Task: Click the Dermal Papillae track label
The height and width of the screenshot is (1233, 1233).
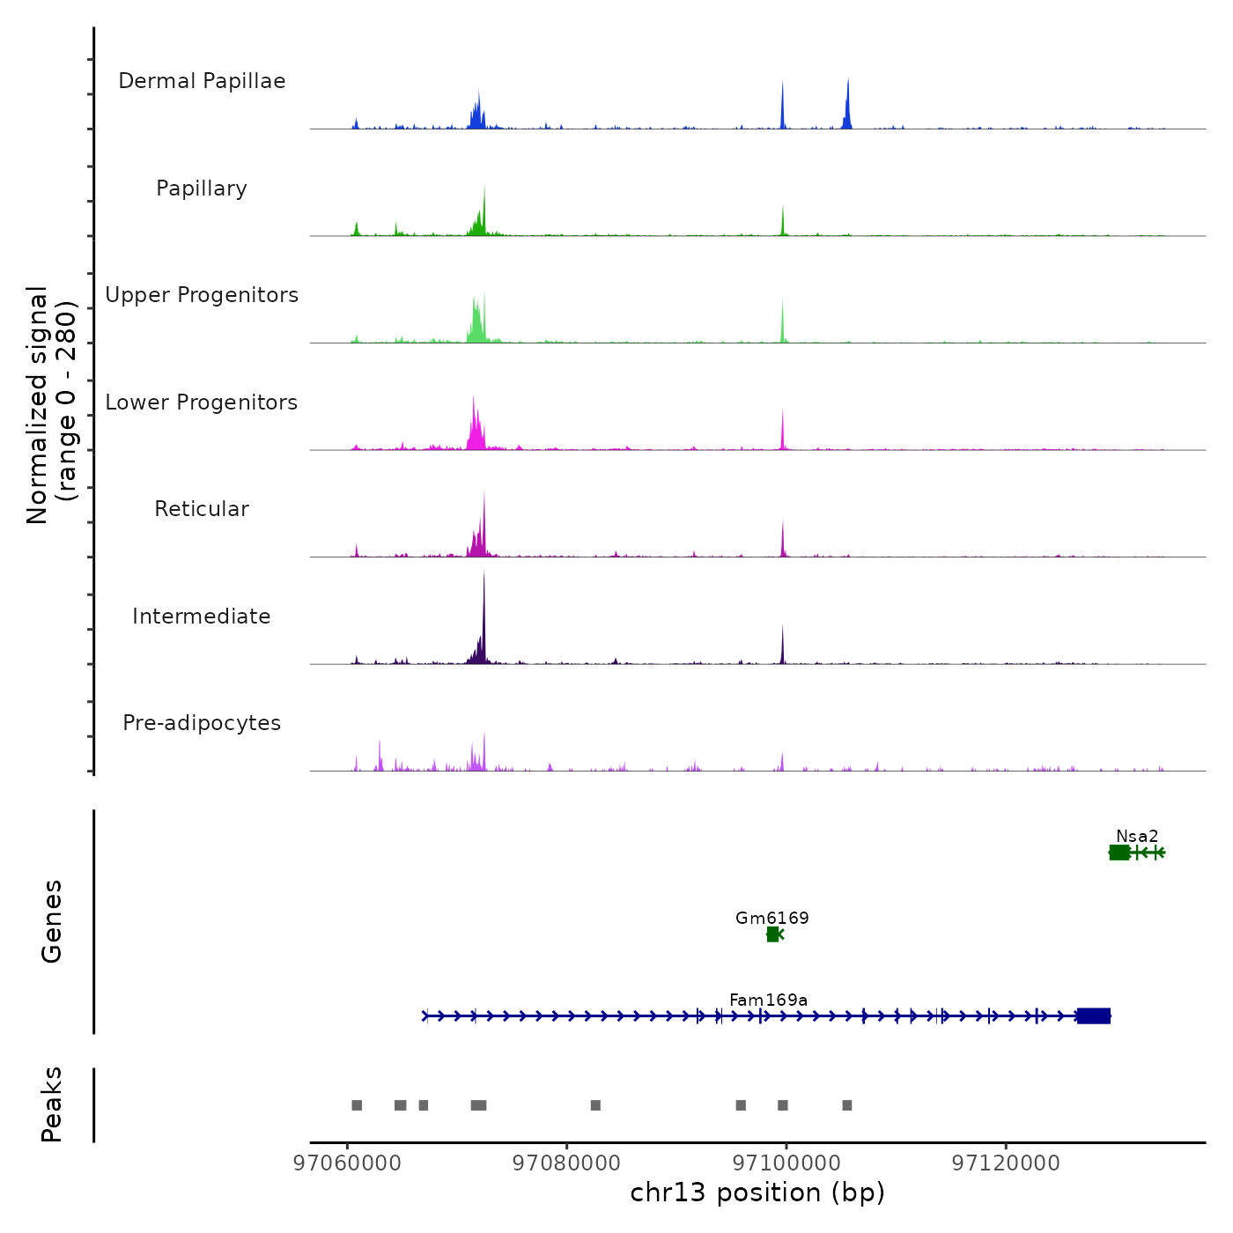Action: (x=202, y=81)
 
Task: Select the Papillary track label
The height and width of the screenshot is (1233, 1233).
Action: (x=202, y=188)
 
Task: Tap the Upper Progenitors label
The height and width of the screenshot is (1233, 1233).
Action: (x=202, y=295)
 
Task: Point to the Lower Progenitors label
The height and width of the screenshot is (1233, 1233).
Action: (x=202, y=402)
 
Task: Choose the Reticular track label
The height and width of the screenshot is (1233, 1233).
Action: (x=202, y=509)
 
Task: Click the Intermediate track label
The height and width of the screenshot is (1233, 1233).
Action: (x=202, y=616)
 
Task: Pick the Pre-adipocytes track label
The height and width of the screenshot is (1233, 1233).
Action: (x=202, y=723)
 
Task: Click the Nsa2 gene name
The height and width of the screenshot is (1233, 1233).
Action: (x=1137, y=836)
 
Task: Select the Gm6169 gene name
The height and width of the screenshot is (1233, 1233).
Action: (x=772, y=918)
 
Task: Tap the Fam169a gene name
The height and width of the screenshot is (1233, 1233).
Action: (x=768, y=1000)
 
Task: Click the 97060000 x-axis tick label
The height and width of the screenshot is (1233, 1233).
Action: (x=347, y=1163)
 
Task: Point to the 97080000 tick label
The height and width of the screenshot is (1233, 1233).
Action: (x=566, y=1163)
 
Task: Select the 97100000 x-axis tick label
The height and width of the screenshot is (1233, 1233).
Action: (x=786, y=1163)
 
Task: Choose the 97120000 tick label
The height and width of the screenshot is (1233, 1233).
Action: (x=1006, y=1163)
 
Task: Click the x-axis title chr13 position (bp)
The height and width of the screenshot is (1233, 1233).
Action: (x=757, y=1192)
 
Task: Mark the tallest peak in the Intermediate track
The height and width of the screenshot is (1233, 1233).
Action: (x=484, y=577)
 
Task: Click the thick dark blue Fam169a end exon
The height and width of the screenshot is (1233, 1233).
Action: (x=1094, y=1016)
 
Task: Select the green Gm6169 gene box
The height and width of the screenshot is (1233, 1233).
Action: (x=772, y=934)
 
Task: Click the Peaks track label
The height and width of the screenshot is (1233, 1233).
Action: (x=51, y=1104)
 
